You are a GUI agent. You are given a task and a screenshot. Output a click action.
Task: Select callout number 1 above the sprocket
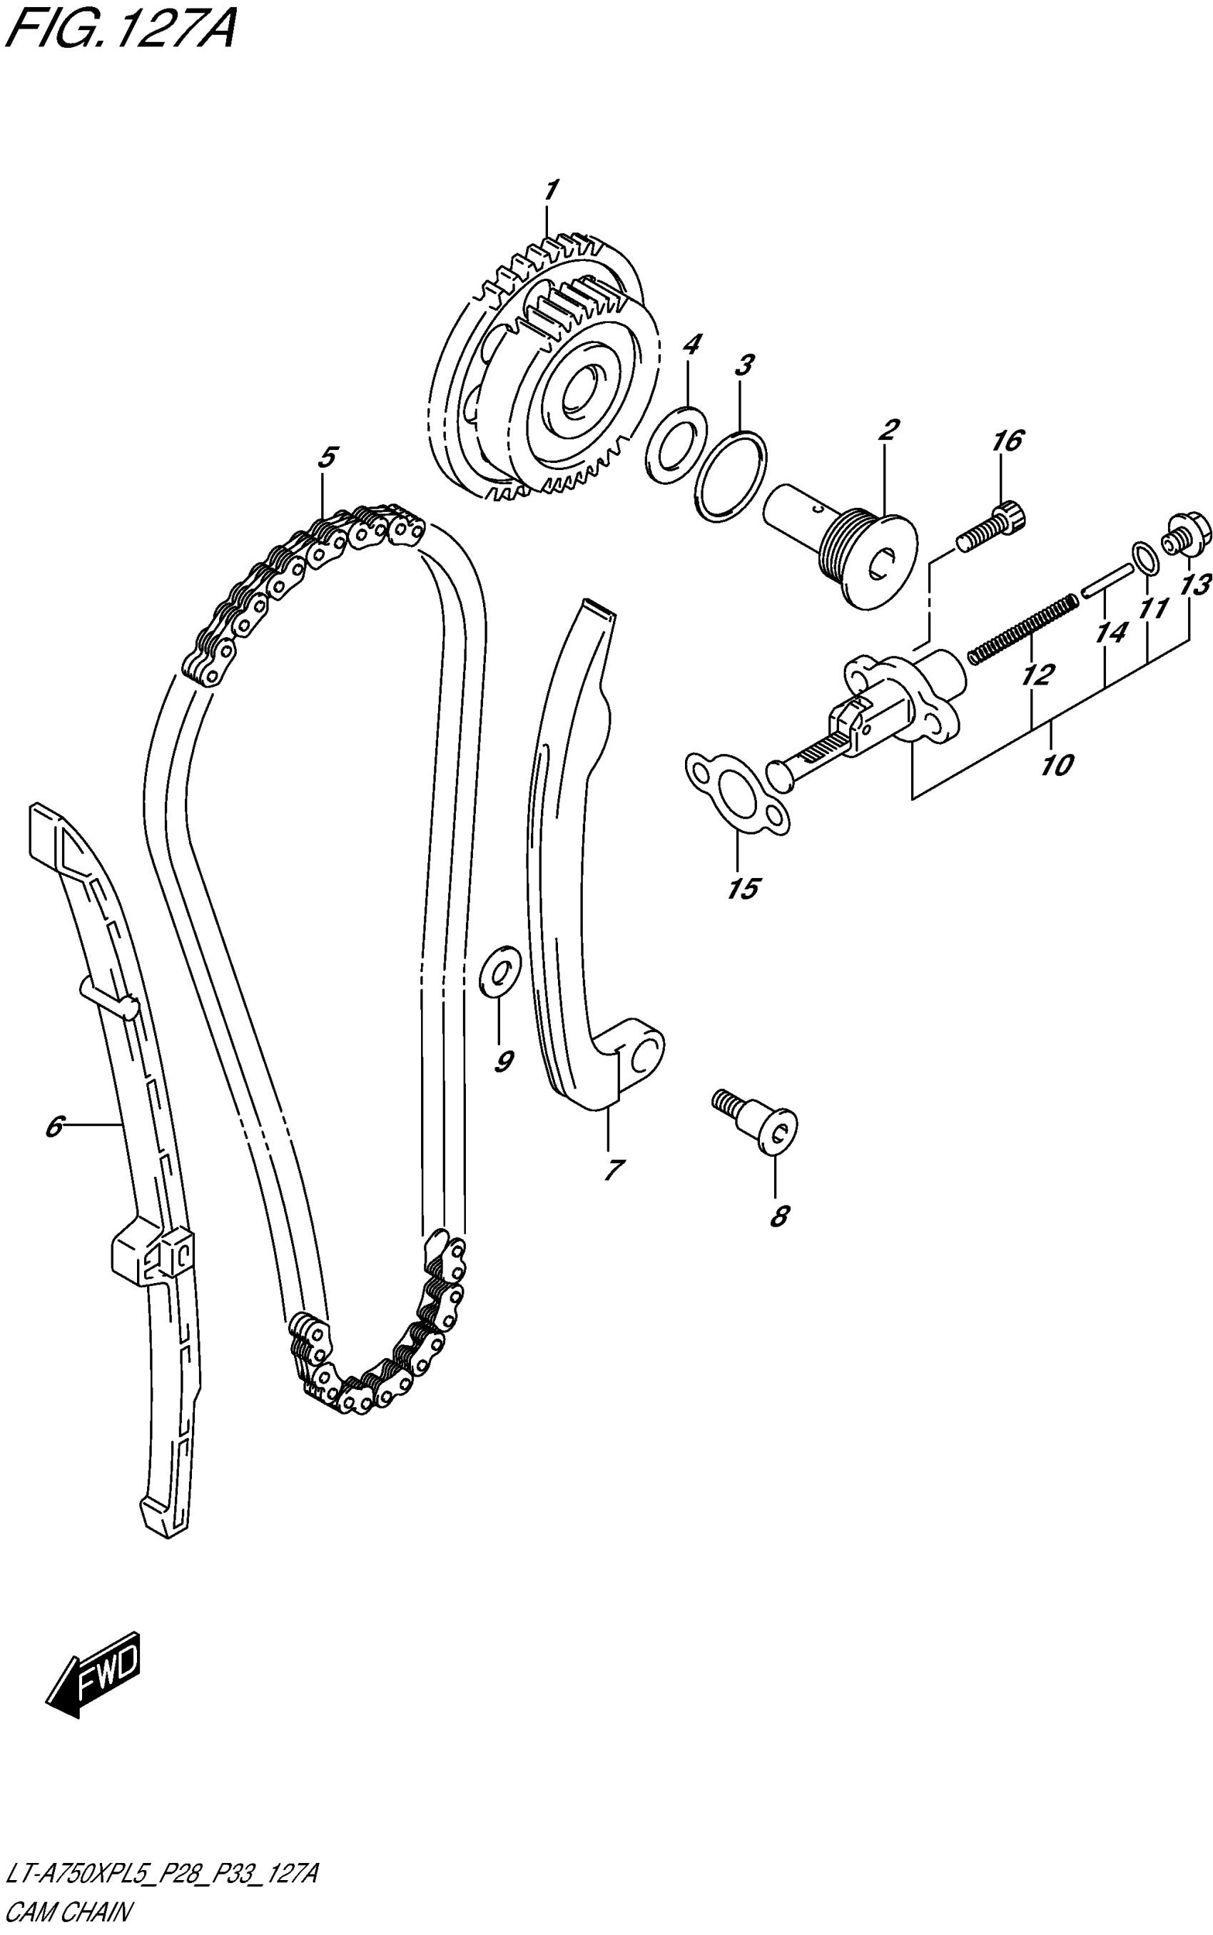(x=550, y=192)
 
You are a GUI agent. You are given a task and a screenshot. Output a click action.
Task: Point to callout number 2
(x=888, y=431)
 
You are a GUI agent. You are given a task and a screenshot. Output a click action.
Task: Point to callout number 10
(x=1057, y=765)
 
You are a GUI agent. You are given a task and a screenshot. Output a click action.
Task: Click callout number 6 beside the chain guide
(x=53, y=1127)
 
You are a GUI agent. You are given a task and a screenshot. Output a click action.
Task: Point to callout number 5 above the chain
(x=325, y=457)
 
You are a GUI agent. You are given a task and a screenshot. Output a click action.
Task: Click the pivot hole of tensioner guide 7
(x=644, y=1056)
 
